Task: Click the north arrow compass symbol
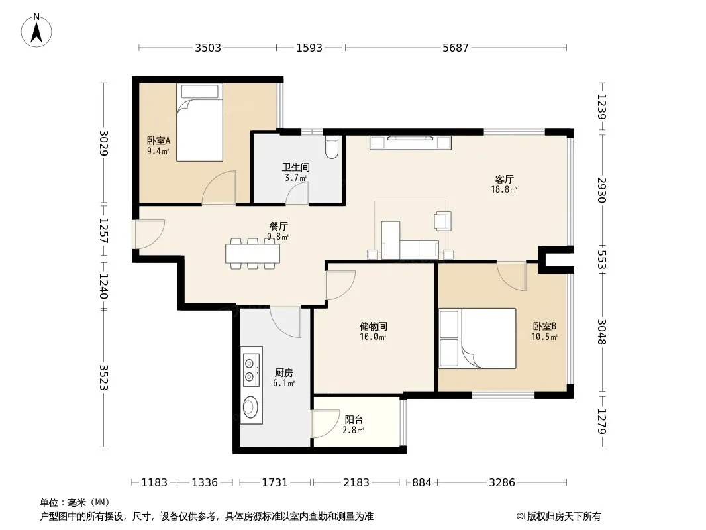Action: (x=36, y=30)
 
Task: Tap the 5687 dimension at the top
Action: (x=456, y=48)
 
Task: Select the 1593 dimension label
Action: (x=309, y=48)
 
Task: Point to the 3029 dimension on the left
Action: (x=103, y=142)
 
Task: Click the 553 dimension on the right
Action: (x=602, y=260)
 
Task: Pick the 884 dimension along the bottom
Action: (x=422, y=483)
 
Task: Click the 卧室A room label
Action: (x=158, y=141)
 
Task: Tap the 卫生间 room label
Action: (x=296, y=167)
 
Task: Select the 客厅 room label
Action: (x=504, y=180)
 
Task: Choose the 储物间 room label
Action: (x=374, y=326)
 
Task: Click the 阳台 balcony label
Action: (x=354, y=419)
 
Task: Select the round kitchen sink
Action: (x=250, y=407)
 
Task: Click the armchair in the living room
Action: (x=442, y=221)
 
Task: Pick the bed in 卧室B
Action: (x=478, y=338)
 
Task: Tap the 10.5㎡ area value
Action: (x=544, y=337)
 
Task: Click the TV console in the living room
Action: (x=411, y=142)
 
